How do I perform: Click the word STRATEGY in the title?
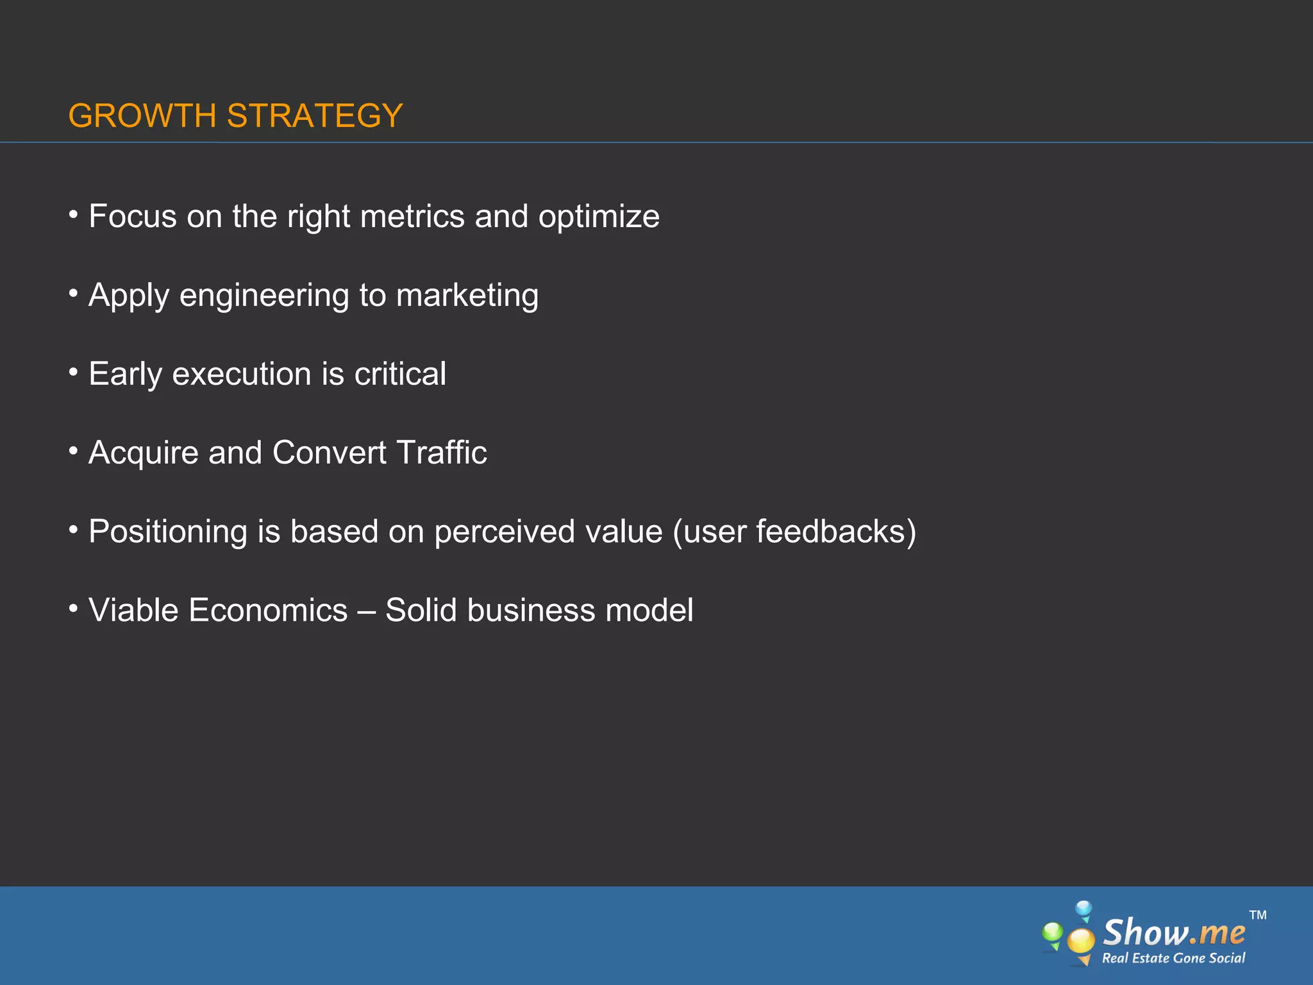pyautogui.click(x=315, y=116)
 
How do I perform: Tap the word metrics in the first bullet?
pyautogui.click(x=412, y=217)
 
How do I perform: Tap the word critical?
pyautogui.click(x=400, y=374)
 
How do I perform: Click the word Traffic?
pyautogui.click(x=442, y=453)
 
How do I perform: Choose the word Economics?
pyautogui.click(x=268, y=610)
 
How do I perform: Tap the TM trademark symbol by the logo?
pyautogui.click(x=1258, y=915)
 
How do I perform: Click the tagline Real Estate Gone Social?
pyautogui.click(x=1173, y=958)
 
